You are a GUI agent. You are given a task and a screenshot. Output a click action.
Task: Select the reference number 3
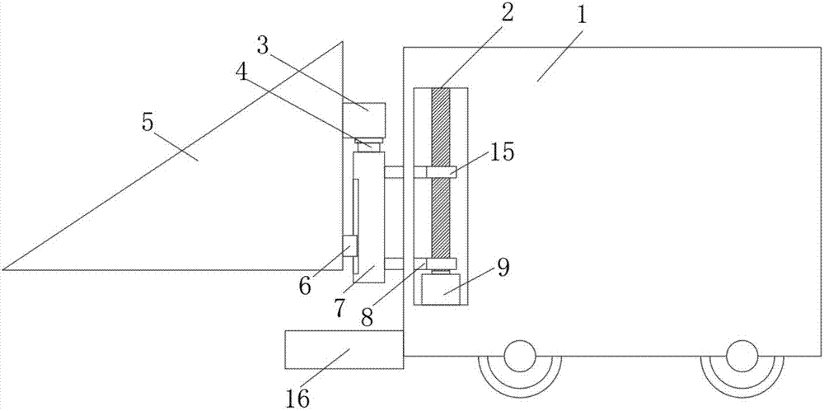(x=263, y=46)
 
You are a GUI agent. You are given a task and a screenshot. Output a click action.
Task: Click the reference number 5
(x=147, y=123)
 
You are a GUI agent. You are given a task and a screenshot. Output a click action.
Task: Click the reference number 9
(x=503, y=268)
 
